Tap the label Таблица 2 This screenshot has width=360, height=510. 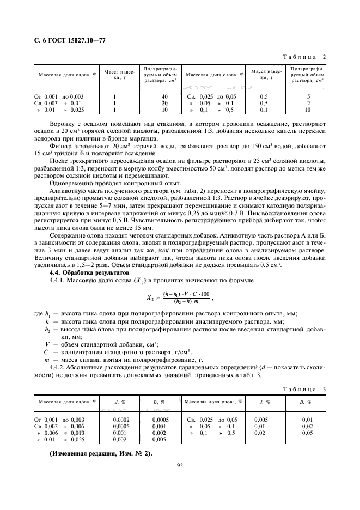(306, 57)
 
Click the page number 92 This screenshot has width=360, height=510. (180, 465)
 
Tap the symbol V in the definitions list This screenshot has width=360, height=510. (47, 344)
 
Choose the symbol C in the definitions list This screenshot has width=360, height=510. (47, 352)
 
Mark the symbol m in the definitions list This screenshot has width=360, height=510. (47, 360)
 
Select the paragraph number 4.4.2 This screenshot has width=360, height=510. (58, 368)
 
